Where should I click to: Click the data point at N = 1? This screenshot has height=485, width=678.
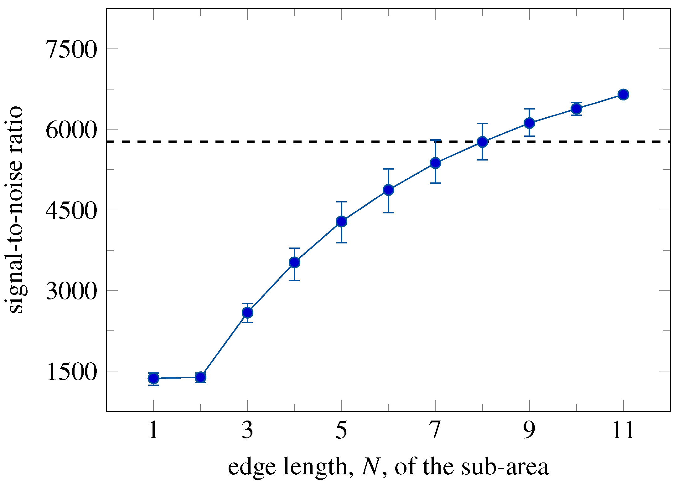153,379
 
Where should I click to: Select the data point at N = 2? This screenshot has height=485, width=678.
200,377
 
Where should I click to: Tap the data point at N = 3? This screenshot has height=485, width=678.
247,313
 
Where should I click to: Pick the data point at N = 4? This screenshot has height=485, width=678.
294,262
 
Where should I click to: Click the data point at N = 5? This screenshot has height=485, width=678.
341,222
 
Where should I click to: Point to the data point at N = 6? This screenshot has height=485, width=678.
388,190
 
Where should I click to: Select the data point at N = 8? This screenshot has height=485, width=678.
483,142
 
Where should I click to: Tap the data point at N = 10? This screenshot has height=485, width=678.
577,109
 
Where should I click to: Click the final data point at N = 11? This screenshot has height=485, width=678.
623,94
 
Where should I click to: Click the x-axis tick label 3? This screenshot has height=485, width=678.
247,430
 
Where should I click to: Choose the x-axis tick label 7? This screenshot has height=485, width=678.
435,430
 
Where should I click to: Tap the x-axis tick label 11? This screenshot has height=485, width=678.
623,430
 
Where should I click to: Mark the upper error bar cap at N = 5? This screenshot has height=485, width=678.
341,202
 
